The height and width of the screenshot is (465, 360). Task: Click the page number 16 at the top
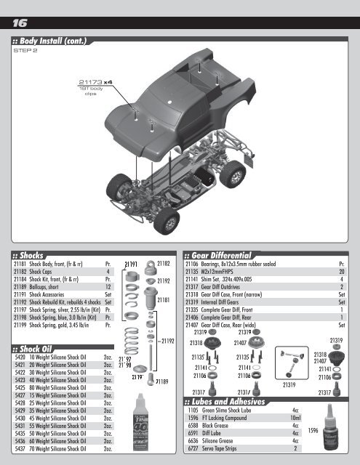tap(18, 23)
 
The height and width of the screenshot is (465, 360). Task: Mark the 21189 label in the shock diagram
tap(164, 381)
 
